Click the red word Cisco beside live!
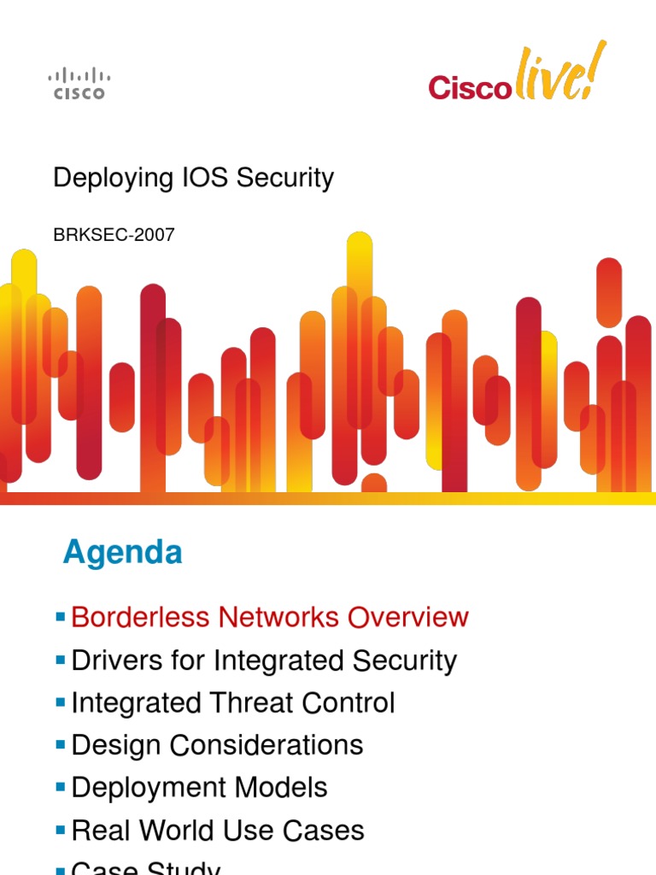(x=468, y=86)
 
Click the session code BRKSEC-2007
(x=114, y=235)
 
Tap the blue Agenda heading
(x=122, y=553)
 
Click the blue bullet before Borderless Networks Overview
(x=60, y=616)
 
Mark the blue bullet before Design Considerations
(x=60, y=744)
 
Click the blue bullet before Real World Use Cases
(x=60, y=830)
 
